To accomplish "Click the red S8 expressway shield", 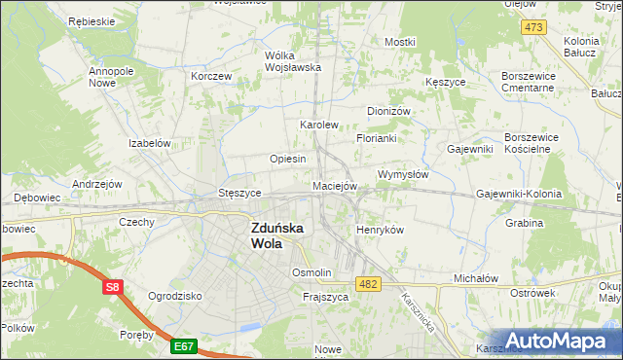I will (x=113, y=287).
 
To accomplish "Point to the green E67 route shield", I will (x=184, y=345).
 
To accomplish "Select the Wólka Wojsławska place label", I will (x=293, y=61).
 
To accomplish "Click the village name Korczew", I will (x=211, y=75).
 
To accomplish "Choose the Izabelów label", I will (x=150, y=142).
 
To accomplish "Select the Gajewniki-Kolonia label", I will (x=519, y=194).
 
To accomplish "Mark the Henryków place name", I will (x=380, y=229).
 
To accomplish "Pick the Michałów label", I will (x=476, y=278).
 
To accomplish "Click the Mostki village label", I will (x=399, y=42).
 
